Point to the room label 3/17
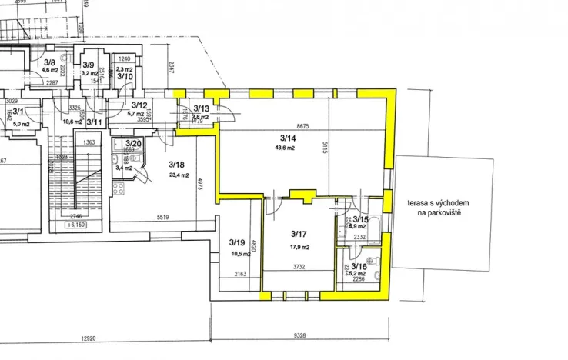pos(299,233)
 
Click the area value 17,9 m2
pos(299,247)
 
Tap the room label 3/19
pos(236,242)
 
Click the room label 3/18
pos(177,164)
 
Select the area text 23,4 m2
pos(179,175)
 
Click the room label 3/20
pos(132,143)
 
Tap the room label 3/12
pos(139,105)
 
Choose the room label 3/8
pos(49,62)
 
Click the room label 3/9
pos(89,65)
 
